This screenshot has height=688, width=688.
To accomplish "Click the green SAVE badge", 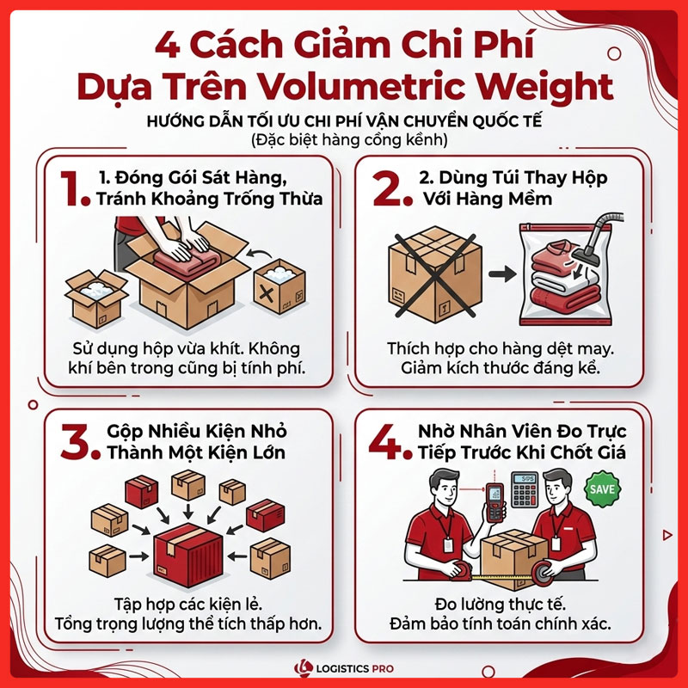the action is click(x=603, y=489).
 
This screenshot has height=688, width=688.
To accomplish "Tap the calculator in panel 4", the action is click(x=525, y=489).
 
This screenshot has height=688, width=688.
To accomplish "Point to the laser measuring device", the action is click(x=494, y=502).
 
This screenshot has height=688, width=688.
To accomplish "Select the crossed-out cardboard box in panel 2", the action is click(x=435, y=275).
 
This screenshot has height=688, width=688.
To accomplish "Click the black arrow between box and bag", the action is click(x=502, y=273).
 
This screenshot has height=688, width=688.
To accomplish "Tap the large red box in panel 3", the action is click(x=188, y=555).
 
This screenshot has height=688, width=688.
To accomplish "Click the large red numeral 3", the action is click(x=77, y=441).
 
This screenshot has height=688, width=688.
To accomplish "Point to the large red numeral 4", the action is click(x=385, y=441).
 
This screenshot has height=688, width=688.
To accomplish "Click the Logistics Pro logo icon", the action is click(x=304, y=668).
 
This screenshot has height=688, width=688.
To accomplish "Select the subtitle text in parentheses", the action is click(x=349, y=140).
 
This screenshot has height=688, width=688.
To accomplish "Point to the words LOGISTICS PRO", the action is click(x=354, y=669).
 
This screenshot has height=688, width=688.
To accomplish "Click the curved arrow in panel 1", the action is click(x=259, y=254).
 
